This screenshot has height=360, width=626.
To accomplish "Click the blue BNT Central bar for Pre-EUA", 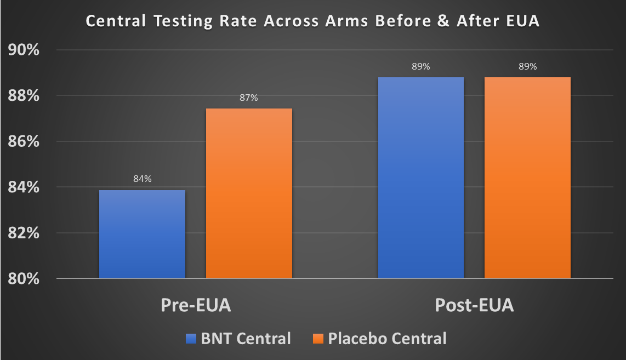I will click(x=142, y=234).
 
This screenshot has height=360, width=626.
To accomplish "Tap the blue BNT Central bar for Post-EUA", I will click(x=421, y=178).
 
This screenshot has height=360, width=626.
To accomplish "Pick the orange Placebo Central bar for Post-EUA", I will click(x=527, y=178).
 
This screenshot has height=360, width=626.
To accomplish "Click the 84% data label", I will click(x=142, y=179).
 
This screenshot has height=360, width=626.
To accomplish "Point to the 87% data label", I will click(x=248, y=98).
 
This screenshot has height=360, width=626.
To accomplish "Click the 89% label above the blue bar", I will click(x=421, y=67).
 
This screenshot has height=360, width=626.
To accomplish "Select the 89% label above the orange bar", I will click(x=527, y=67).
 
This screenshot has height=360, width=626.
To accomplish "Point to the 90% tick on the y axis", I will click(x=23, y=50).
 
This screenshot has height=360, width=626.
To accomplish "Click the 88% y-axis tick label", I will click(x=23, y=96).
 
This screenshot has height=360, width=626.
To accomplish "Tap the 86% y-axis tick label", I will click(x=23, y=142).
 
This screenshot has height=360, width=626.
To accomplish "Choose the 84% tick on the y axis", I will click(x=23, y=187).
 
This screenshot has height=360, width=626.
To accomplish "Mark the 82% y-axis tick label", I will click(x=23, y=233).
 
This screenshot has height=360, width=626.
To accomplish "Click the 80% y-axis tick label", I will click(x=23, y=279).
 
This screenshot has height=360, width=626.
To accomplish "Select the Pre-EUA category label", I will click(x=196, y=305).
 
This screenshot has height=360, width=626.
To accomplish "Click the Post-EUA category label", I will click(x=474, y=305).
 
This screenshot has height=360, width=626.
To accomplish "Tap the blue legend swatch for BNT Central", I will click(x=190, y=339).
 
